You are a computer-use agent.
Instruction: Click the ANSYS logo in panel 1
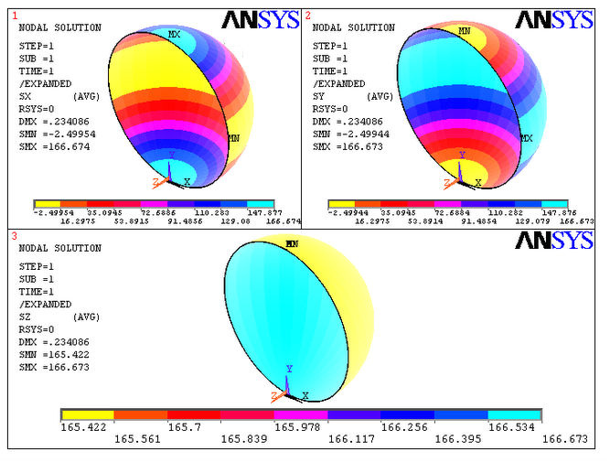pos(261,19)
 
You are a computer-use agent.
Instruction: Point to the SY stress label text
pos(319,95)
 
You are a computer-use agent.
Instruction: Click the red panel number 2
pos(307,16)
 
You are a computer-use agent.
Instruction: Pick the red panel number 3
pos(14,236)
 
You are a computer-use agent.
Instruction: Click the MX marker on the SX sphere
pos(175,34)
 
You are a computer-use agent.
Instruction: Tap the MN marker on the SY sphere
pos(465,31)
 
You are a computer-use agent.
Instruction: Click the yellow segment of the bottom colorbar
pos(87,414)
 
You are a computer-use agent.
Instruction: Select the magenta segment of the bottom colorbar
pos(301,414)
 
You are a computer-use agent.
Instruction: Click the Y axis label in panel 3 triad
pos(289,369)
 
